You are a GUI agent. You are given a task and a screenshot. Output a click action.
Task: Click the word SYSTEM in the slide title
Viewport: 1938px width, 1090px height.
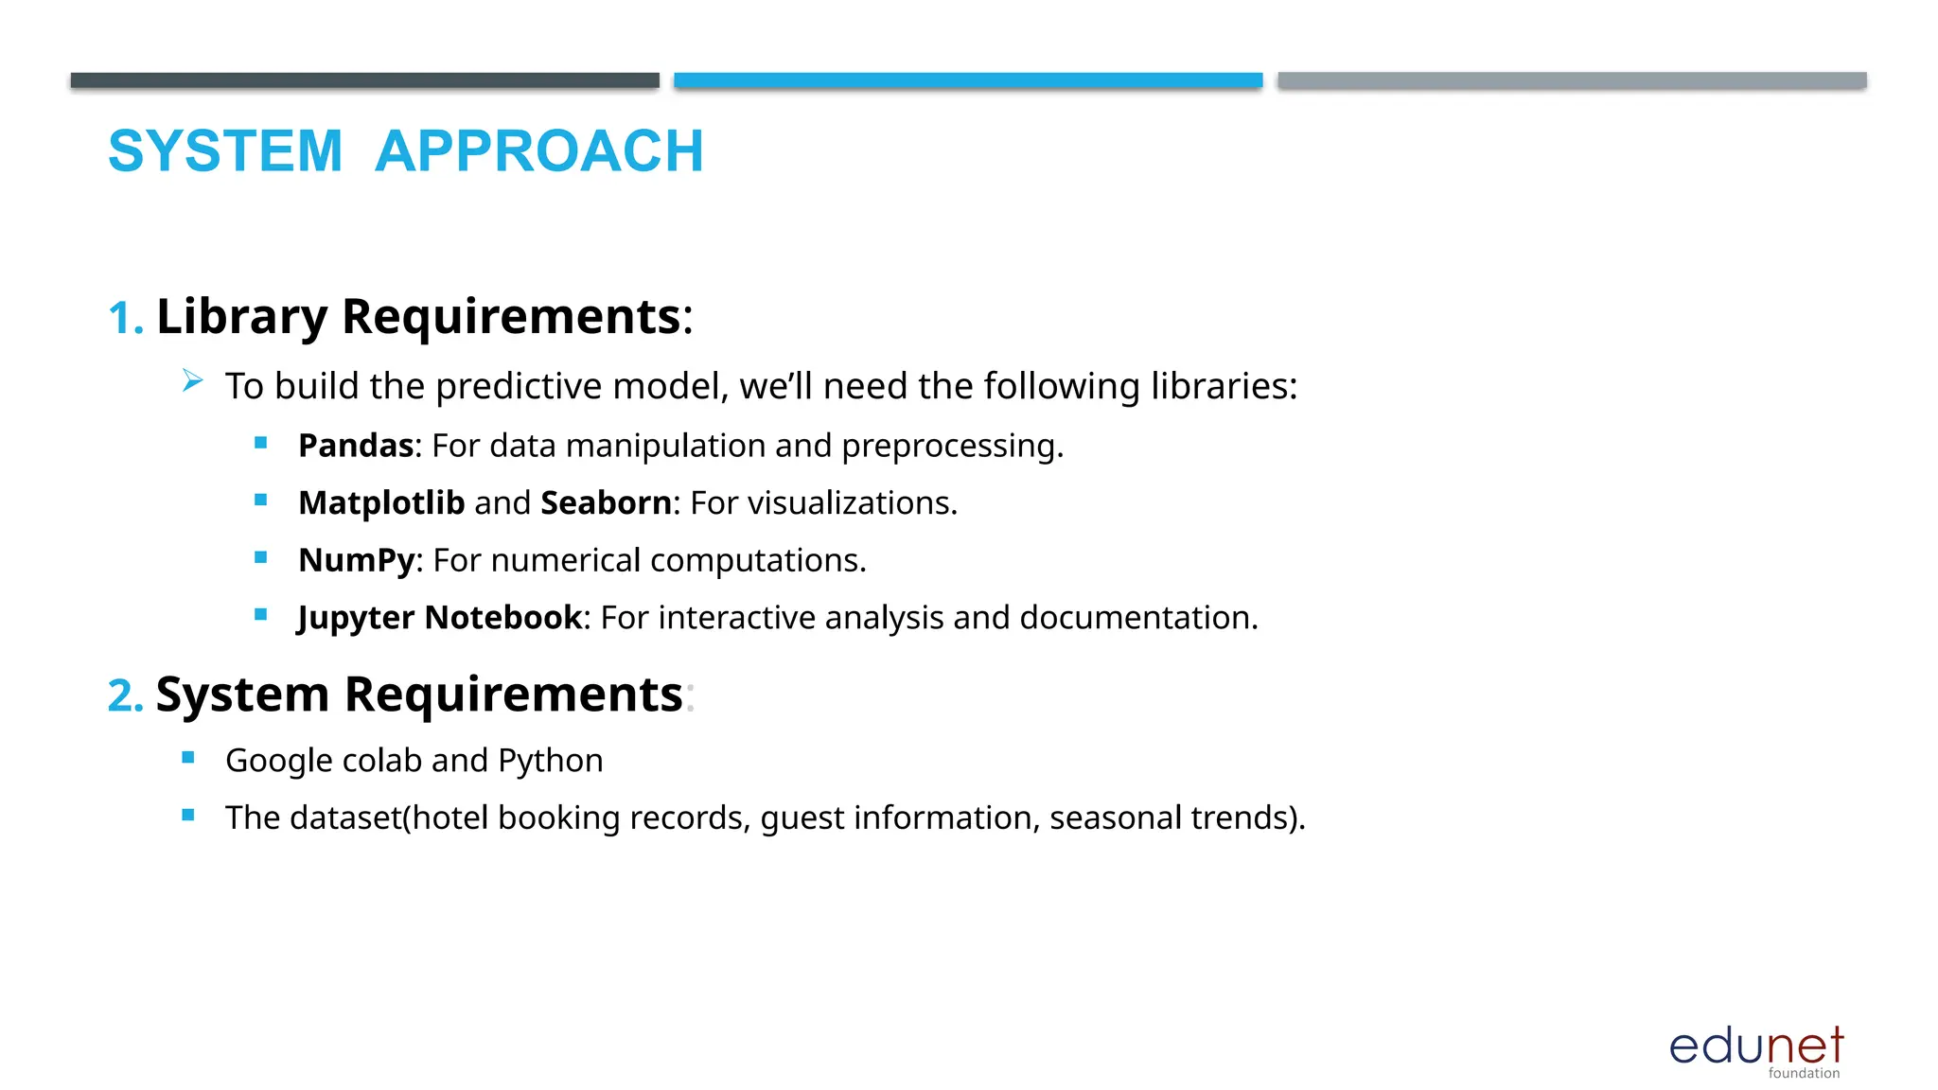click(225, 151)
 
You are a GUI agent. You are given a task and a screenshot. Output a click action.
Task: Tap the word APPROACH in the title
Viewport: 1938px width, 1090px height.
click(539, 151)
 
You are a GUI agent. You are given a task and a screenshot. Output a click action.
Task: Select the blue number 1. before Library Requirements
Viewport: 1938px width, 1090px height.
click(126, 318)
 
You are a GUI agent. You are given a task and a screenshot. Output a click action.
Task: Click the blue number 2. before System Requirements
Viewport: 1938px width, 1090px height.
click(126, 696)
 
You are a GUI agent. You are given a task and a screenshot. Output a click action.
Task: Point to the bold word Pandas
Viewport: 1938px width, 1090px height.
click(356, 446)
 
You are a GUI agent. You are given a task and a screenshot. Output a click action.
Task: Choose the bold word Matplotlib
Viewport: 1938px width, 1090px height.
click(381, 503)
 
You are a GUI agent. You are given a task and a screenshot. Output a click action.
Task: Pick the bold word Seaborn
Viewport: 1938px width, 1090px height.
click(606, 503)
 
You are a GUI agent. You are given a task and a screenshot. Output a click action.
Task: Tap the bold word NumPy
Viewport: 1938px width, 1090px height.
click(356, 560)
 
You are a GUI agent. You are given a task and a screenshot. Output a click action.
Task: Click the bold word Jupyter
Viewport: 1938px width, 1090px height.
click(356, 618)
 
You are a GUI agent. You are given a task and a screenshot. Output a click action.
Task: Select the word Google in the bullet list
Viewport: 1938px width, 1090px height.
click(278, 761)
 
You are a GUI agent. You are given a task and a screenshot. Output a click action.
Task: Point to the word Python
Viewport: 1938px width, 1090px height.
click(550, 761)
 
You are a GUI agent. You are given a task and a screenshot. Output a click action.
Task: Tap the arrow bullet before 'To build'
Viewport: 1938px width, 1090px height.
click(192, 381)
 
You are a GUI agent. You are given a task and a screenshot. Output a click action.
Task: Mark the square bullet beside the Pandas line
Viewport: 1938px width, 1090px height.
click(261, 442)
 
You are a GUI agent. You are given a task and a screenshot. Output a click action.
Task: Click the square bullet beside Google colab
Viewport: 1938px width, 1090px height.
click(188, 757)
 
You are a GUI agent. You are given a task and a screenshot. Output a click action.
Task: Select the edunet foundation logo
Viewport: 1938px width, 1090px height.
click(1756, 1051)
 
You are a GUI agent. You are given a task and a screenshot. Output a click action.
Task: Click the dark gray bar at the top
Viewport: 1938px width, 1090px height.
click(364, 80)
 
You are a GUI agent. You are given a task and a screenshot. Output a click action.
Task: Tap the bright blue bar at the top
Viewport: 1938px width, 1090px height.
click(968, 80)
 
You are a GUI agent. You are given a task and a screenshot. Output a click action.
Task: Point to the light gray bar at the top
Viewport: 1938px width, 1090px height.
click(1572, 80)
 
